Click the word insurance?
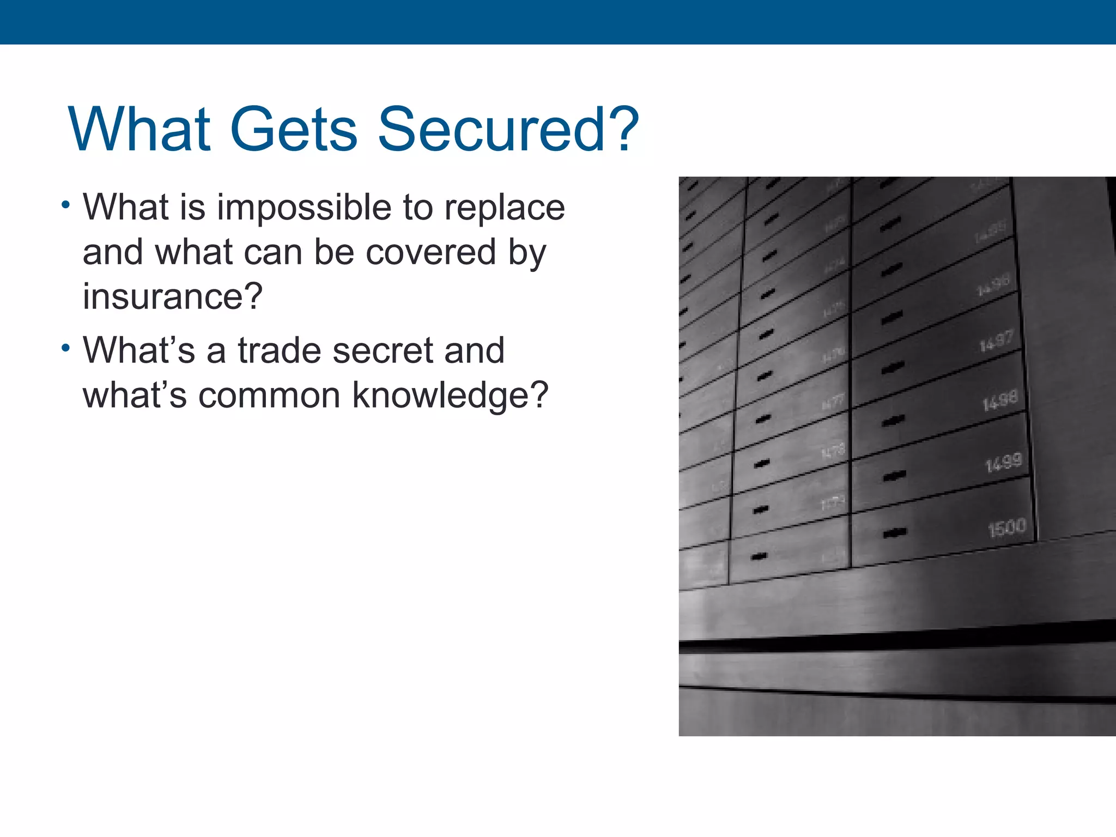pos(172,297)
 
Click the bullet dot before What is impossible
pos(66,205)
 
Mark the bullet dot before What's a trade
pos(66,348)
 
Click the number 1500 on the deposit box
pos(1007,527)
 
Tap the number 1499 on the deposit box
pos(1003,463)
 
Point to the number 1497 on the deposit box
pos(996,341)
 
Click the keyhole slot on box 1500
pos(895,532)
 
